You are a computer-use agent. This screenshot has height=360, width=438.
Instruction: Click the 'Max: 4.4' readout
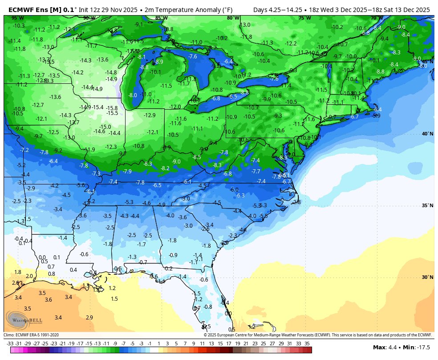tap(385, 347)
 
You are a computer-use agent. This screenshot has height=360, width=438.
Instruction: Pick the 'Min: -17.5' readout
tap(417, 347)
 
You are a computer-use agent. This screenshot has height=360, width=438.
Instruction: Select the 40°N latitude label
tap(427, 134)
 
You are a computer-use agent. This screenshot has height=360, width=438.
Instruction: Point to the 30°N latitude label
tap(427, 277)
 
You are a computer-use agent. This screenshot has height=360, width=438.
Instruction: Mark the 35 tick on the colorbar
tap(307, 343)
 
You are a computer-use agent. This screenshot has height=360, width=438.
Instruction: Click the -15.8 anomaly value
tap(112, 108)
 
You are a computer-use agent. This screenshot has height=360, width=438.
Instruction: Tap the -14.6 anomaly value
tap(99, 131)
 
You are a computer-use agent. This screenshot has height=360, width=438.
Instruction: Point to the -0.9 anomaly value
tap(173, 255)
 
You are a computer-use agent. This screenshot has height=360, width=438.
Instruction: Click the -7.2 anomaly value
tap(24, 150)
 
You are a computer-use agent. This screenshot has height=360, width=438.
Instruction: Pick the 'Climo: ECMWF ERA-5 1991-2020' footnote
tap(31, 335)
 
